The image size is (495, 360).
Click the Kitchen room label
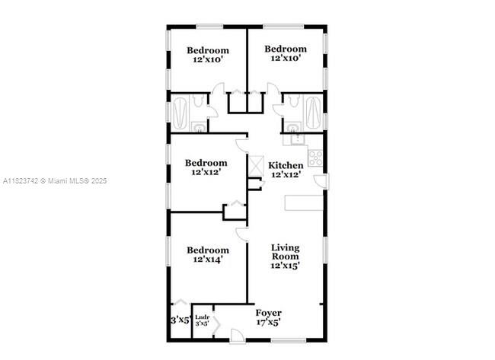click(286, 165)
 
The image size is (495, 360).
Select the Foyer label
click(268, 313)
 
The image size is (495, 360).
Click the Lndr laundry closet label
click(202, 317)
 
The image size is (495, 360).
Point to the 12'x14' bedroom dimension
click(208, 260)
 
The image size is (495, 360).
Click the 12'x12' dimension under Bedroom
click(207, 173)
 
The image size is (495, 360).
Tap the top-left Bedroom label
click(208, 51)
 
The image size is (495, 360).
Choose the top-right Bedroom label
click(286, 49)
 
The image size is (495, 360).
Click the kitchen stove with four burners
click(315, 158)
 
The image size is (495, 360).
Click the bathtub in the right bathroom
click(314, 113)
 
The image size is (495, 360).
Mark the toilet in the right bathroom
click(292, 126)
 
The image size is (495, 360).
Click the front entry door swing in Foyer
click(238, 335)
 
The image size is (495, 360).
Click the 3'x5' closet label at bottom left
click(180, 320)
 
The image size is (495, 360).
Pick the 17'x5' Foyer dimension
click(268, 322)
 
